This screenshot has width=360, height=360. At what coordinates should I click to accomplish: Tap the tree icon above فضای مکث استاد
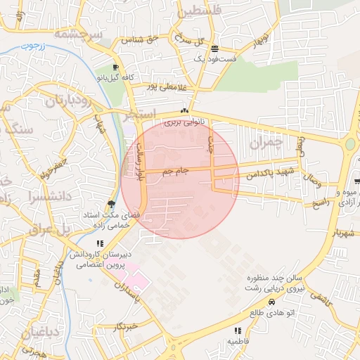111,202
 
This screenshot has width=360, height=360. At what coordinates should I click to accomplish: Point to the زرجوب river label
31,46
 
